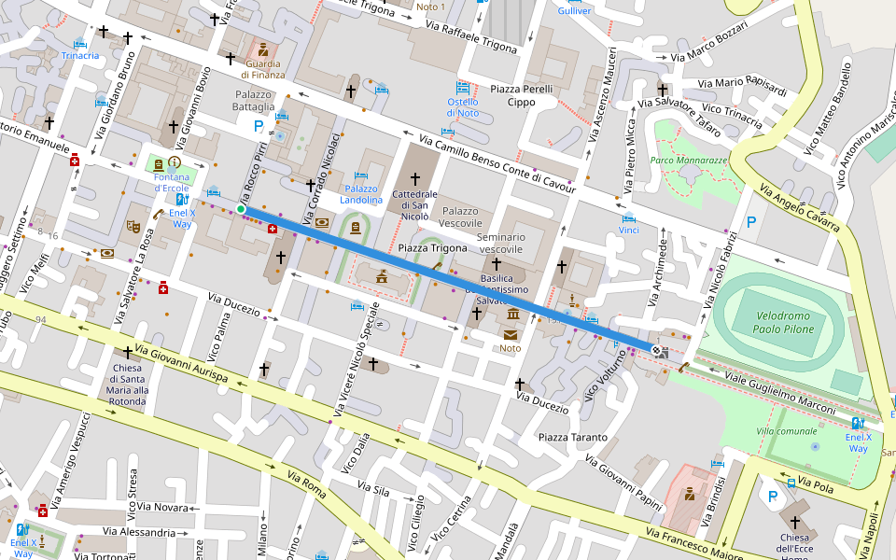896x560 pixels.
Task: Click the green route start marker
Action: [241, 210]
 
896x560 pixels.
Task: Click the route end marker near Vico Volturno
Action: [657, 351]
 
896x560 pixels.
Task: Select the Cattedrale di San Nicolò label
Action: [415, 204]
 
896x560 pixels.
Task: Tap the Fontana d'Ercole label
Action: [171, 182]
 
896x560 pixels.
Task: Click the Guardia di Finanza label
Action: [263, 68]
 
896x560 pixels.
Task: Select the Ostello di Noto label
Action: [462, 107]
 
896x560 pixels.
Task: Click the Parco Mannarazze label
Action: [688, 161]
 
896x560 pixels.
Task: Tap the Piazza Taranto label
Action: [572, 437]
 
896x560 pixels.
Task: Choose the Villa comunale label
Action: [786, 430]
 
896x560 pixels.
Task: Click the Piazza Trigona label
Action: [432, 248]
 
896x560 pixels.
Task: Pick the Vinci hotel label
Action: [629, 230]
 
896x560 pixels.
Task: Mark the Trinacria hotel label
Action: [80, 55]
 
